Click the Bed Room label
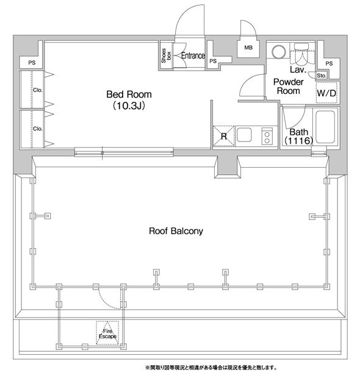[129, 94]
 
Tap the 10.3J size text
[129, 105]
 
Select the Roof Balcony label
[176, 231]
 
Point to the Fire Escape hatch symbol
[107, 333]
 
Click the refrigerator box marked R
[224, 136]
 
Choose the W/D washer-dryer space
[326, 93]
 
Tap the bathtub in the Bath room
[325, 127]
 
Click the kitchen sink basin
[244, 135]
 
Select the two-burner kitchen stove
[267, 136]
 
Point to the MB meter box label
[248, 48]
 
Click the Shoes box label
[166, 55]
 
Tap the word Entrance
[193, 55]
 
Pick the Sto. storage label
[322, 76]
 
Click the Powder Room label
[289, 87]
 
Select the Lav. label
[298, 70]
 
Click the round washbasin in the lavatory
[279, 52]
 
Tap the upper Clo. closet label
[38, 90]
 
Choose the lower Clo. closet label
[38, 129]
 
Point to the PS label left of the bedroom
[32, 63]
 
